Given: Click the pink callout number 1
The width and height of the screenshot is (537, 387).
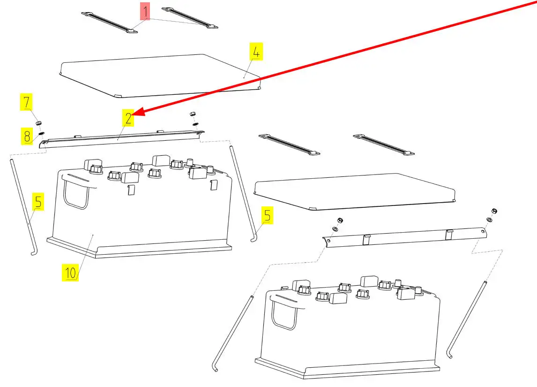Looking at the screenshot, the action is tap(145, 11).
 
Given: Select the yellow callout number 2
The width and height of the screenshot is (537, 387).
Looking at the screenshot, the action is tap(128, 118).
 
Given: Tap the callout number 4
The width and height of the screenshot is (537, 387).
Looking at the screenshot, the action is tap(256, 52).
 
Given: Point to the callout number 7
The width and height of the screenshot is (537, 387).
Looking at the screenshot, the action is tap(26, 101).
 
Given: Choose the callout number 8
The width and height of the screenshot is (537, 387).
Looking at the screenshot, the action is tap(27, 136).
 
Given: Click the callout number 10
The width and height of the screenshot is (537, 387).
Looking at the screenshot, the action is tap(70, 273).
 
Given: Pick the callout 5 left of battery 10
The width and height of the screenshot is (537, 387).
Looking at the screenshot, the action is tap(38, 201).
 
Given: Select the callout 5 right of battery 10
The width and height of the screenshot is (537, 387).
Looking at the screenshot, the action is tap(267, 215).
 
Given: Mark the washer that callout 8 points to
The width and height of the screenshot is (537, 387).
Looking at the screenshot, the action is tap(41, 133).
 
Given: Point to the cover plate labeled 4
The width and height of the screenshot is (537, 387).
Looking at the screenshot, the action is tap(160, 76).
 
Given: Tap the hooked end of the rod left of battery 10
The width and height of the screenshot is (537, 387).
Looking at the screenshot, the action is tap(34, 253).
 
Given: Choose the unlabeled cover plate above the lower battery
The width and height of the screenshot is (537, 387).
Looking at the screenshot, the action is tap(354, 191).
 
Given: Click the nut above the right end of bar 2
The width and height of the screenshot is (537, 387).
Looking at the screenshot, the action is tap(193, 114).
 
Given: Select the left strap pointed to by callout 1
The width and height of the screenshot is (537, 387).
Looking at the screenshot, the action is tap(109, 23).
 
